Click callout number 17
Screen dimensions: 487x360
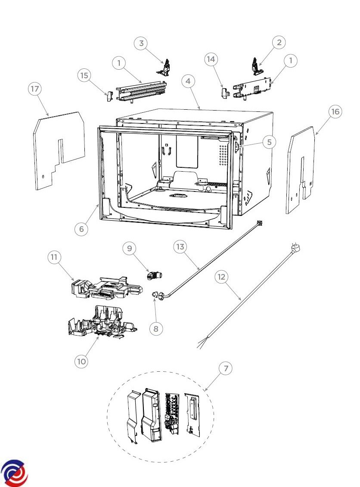tap(35, 89)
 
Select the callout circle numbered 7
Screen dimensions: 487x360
tap(225, 368)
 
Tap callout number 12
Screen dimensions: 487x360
tap(221, 277)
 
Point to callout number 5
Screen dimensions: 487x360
tap(269, 142)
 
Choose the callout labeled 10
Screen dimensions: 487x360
tap(81, 361)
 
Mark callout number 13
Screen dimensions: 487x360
tap(180, 247)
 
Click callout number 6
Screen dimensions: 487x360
tap(81, 229)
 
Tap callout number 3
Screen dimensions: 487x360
tap(140, 43)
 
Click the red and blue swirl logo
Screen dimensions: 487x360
tap(14, 473)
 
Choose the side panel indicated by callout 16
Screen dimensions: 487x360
tap(300, 172)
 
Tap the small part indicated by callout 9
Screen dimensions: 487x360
tap(154, 275)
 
